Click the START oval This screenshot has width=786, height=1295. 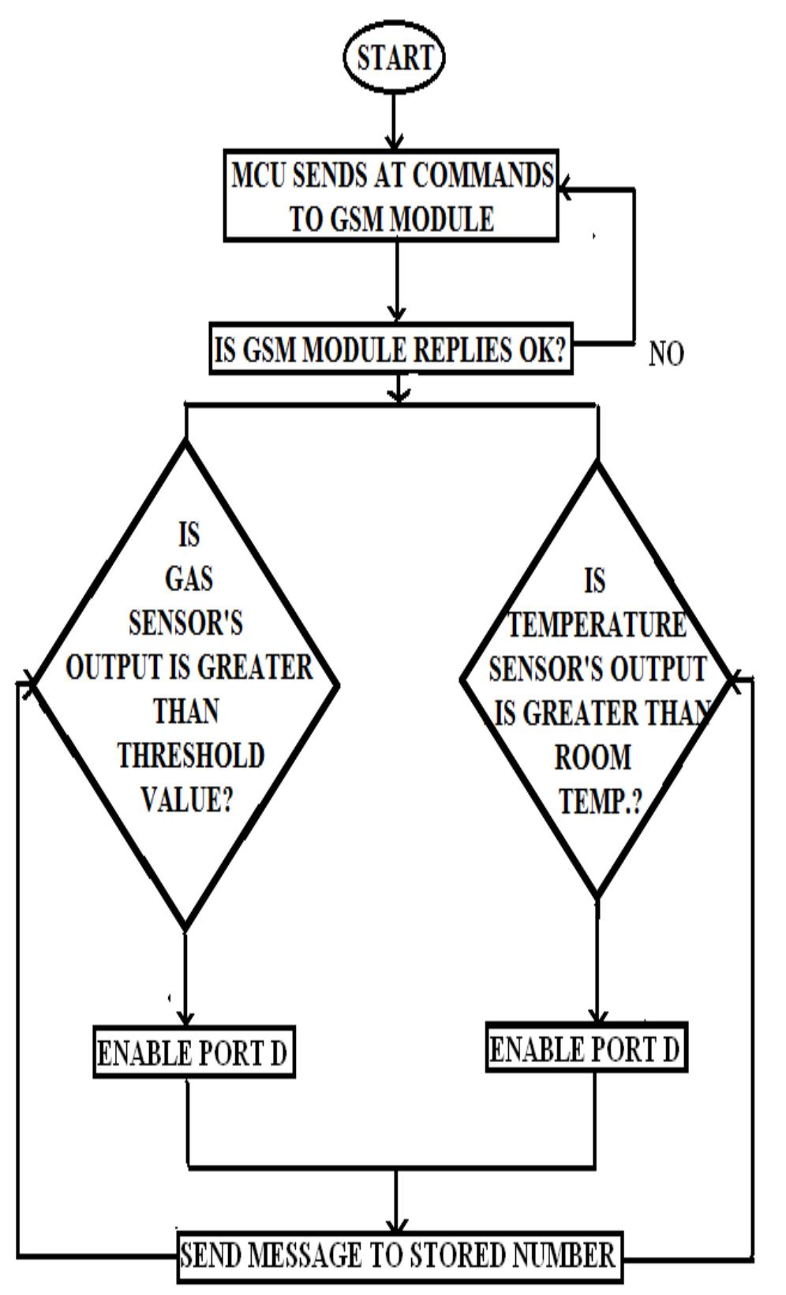click(x=394, y=58)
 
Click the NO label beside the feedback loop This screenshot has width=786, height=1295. click(x=666, y=354)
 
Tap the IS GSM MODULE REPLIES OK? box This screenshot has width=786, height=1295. click(x=391, y=349)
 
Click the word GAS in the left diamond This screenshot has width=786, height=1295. click(x=189, y=579)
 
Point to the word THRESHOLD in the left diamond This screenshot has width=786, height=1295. click(x=190, y=756)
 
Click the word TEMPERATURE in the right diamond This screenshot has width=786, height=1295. click(x=597, y=626)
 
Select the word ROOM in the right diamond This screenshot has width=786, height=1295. click(x=593, y=758)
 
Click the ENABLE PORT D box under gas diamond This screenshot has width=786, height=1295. click(x=193, y=1052)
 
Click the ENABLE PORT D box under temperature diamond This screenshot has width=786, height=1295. click(x=586, y=1050)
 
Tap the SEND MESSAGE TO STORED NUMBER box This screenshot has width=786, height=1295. click(x=399, y=1255)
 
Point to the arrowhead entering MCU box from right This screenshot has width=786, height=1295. click(x=566, y=189)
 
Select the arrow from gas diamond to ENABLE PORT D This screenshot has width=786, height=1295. click(x=185, y=979)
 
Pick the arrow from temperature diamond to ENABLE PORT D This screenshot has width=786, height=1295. click(x=597, y=963)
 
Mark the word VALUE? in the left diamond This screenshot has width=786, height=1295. click(x=186, y=800)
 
